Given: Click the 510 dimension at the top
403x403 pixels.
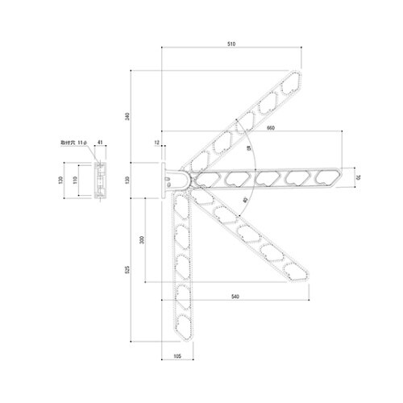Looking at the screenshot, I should click(x=231, y=44).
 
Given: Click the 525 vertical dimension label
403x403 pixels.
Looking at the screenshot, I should click(x=127, y=270).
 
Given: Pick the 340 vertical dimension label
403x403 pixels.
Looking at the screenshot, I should click(x=127, y=117).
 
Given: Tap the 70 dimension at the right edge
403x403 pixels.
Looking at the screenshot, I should click(x=357, y=176).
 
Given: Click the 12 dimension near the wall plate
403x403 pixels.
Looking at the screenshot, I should click(x=159, y=143).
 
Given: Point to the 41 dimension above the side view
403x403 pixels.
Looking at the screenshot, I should click(x=99, y=142).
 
